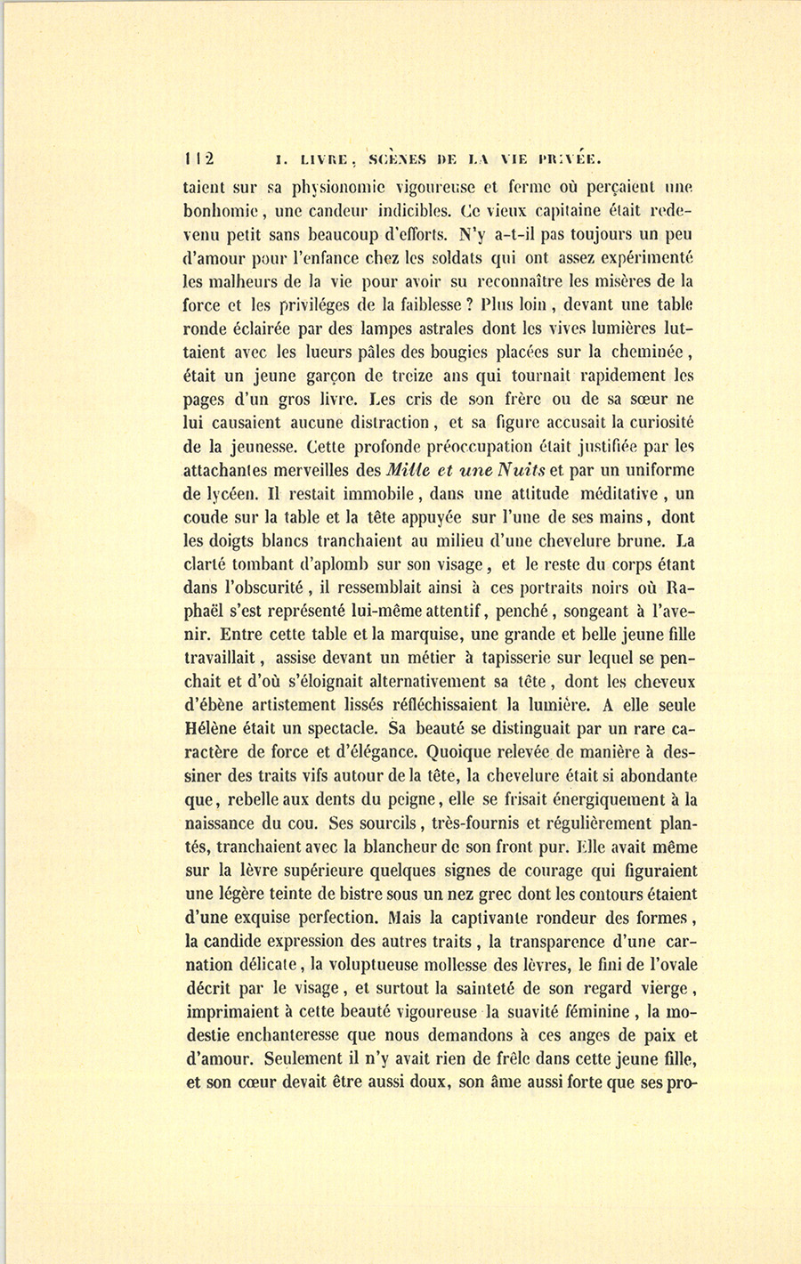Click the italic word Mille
coord(410,469)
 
